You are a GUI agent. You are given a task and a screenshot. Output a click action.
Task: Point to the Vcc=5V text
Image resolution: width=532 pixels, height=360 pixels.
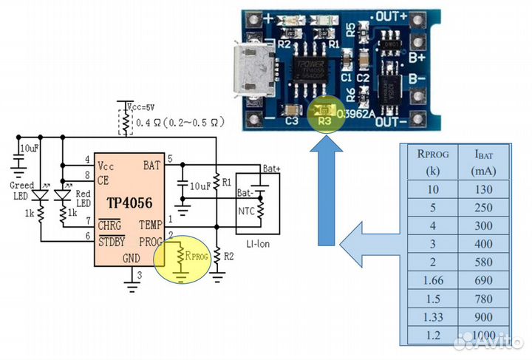coord(138,106)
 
